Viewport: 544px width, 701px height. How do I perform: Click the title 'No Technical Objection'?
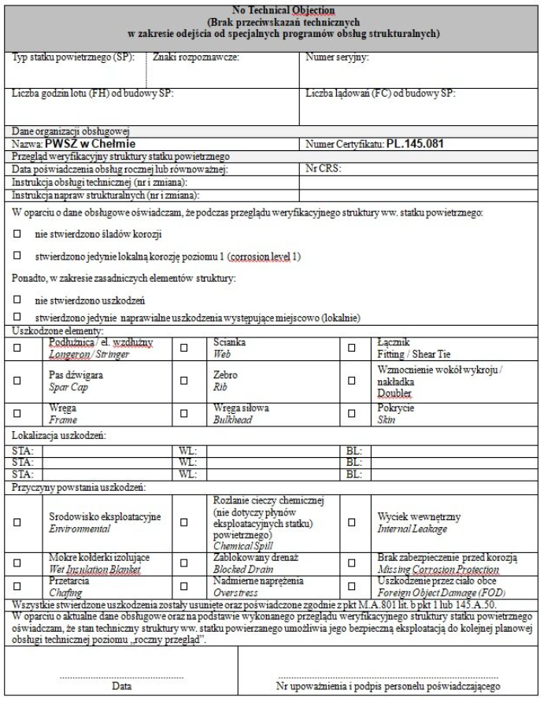pos(272,9)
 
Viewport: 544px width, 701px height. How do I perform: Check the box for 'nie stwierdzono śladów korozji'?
pos(17,235)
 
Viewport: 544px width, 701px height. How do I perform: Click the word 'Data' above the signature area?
pos(121,686)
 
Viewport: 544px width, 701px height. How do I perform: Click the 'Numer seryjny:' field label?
pos(337,57)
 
